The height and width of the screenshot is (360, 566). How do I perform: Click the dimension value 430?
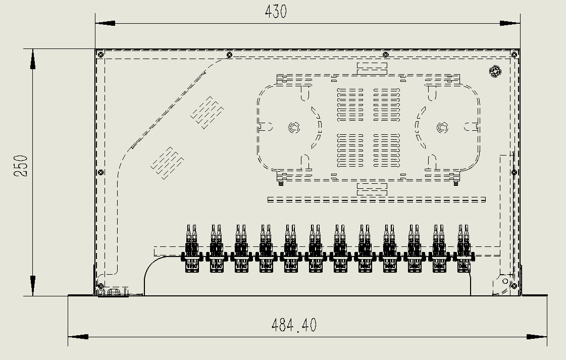pyautogui.click(x=276, y=12)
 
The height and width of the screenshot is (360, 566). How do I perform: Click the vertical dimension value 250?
pyautogui.click(x=21, y=166)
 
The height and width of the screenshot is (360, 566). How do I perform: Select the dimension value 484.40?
pyautogui.click(x=294, y=325)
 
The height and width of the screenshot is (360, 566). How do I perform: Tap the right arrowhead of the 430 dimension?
pyautogui.click(x=510, y=23)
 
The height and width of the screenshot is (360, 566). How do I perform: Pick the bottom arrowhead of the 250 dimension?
pyautogui.click(x=33, y=286)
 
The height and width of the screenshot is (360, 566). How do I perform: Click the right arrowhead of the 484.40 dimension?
pyautogui.click(x=537, y=337)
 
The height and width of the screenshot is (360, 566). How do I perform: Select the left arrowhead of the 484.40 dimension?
pyautogui.click(x=78, y=337)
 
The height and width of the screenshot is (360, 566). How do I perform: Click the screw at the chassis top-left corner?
pyautogui.click(x=100, y=54)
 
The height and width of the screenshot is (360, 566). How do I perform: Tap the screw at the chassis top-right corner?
pyautogui.click(x=514, y=54)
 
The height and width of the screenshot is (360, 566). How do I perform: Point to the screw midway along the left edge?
pyautogui.click(x=100, y=172)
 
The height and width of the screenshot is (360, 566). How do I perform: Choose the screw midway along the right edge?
pyautogui.click(x=514, y=172)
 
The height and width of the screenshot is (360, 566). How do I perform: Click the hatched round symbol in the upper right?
pyautogui.click(x=495, y=71)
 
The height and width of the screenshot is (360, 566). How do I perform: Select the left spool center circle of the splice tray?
pyautogui.click(x=293, y=128)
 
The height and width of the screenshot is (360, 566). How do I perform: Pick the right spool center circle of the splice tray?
pyautogui.click(x=442, y=128)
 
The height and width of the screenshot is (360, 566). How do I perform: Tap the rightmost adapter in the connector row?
pyautogui.click(x=464, y=249)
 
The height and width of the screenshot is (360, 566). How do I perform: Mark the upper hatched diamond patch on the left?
pyautogui.click(x=207, y=112)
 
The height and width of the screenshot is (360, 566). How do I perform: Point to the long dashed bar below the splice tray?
pyautogui.click(x=376, y=200)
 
